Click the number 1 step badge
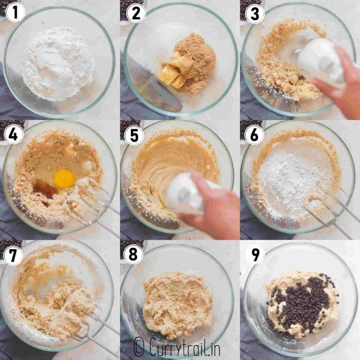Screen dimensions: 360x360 pyautogui.click(x=15, y=12)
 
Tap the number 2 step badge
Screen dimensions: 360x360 pyautogui.click(x=136, y=13)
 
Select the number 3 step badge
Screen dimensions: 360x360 pyautogui.click(x=255, y=13)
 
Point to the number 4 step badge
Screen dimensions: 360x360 pyautogui.click(x=13, y=134)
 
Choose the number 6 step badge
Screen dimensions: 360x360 pyautogui.click(x=254, y=135)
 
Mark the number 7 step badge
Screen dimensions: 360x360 pyautogui.click(x=13, y=255)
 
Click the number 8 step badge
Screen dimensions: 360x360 pyautogui.click(x=133, y=254)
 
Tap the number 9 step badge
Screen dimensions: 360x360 pyautogui.click(x=255, y=254)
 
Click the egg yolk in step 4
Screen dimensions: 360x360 pyautogui.click(x=64, y=178)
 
